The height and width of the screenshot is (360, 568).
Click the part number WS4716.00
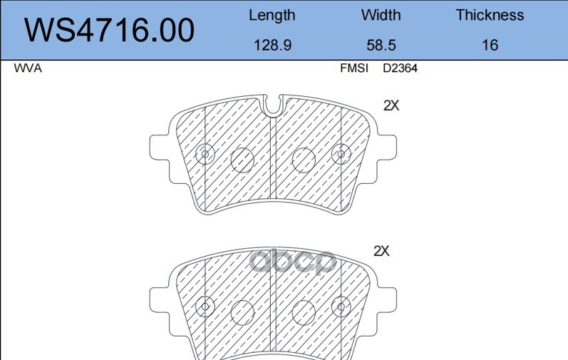tap(109, 30)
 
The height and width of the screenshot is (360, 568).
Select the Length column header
tap(272, 16)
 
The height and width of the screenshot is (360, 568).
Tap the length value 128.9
tap(272, 46)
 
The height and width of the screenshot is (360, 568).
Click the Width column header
tap(381, 15)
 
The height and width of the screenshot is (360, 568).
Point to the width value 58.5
tap(381, 46)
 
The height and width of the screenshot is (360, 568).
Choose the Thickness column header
tap(490, 15)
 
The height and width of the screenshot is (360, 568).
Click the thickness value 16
tap(490, 46)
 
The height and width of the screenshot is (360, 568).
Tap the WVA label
tap(28, 68)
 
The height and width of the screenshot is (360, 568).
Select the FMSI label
tap(354, 68)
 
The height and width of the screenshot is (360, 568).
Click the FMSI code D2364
tap(401, 68)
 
